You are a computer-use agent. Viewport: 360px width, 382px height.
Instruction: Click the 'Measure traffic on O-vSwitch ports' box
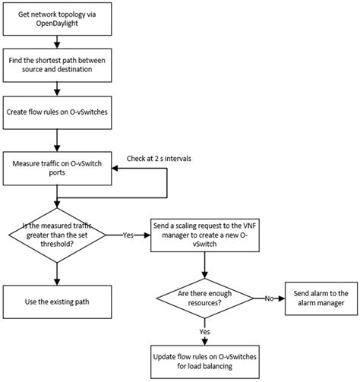pos(55,169)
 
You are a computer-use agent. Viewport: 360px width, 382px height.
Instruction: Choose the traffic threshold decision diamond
pos(55,235)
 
